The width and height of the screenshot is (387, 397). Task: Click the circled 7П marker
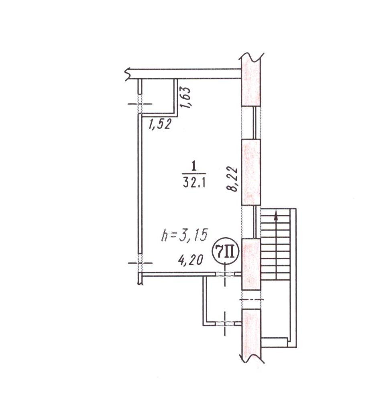(x=225, y=251)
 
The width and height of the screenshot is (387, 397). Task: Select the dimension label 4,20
(x=191, y=260)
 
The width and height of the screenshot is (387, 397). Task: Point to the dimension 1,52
(x=160, y=124)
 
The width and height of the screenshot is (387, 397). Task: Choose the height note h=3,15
(x=185, y=235)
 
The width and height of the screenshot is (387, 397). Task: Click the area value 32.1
(x=194, y=183)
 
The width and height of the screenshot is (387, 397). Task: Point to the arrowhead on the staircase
(x=276, y=215)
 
